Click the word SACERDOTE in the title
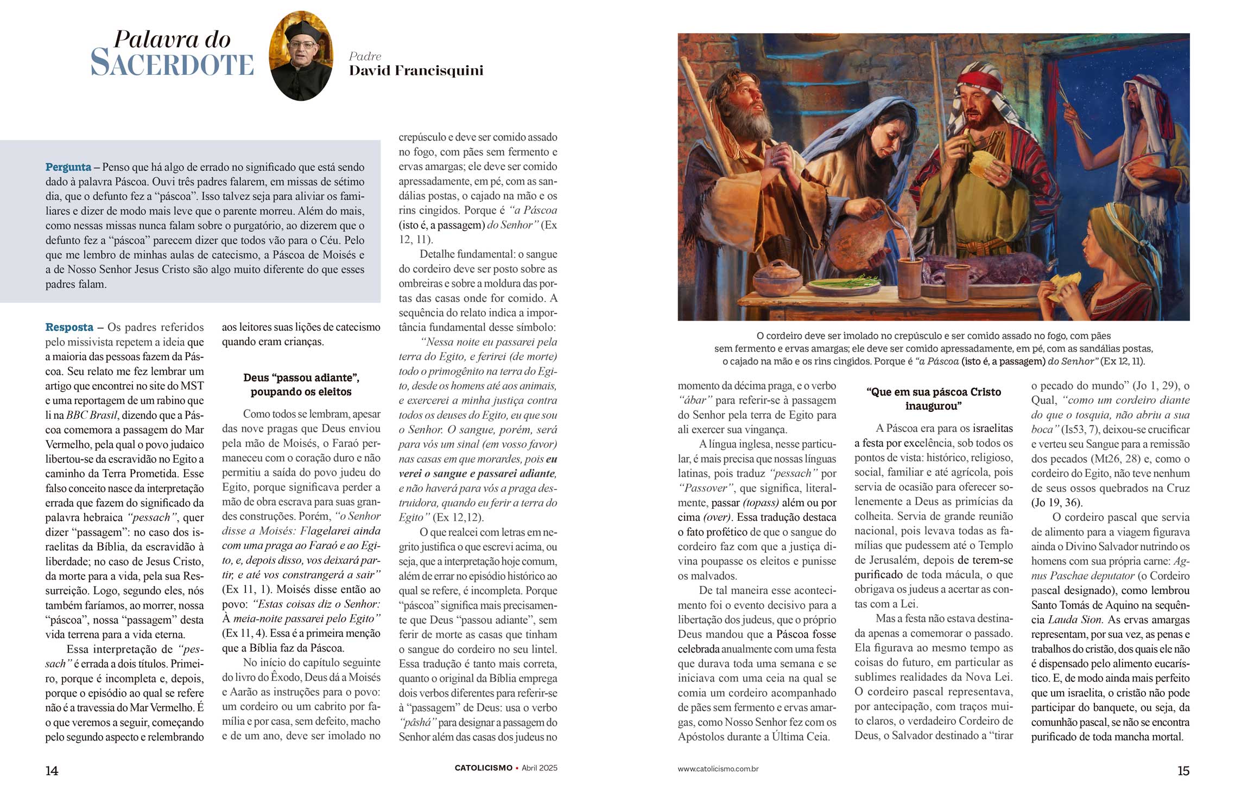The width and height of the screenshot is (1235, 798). pyautogui.click(x=172, y=63)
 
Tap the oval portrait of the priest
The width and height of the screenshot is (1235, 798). pyautogui.click(x=301, y=56)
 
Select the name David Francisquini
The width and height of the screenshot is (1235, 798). pyautogui.click(x=416, y=71)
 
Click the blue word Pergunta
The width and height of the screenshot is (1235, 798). pyautogui.click(x=68, y=167)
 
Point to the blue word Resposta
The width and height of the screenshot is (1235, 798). pyautogui.click(x=69, y=327)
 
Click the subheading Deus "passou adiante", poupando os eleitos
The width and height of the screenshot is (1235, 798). pyautogui.click(x=301, y=385)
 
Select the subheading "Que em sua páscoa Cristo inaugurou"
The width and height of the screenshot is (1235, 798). pyautogui.click(x=933, y=399)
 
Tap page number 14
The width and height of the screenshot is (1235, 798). pyautogui.click(x=52, y=771)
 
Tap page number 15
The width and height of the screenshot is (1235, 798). pyautogui.click(x=1183, y=771)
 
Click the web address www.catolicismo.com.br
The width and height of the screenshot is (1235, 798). pyautogui.click(x=718, y=769)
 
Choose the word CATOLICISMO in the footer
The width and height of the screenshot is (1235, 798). pyautogui.click(x=483, y=768)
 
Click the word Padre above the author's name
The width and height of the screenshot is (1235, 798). pyautogui.click(x=365, y=56)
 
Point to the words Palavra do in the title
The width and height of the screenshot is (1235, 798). pyautogui.click(x=172, y=40)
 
